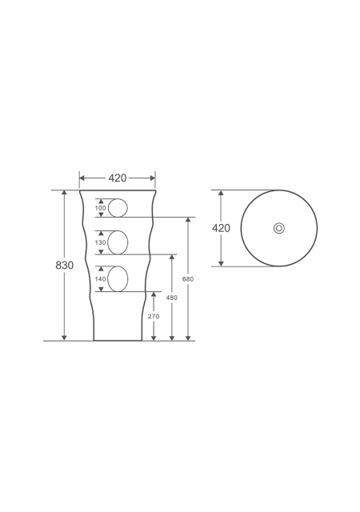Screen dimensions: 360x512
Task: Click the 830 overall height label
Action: click(64, 265)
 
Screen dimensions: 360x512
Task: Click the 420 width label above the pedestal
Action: click(118, 178)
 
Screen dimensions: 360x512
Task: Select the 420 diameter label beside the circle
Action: click(221, 228)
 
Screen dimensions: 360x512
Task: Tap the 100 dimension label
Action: click(100, 208)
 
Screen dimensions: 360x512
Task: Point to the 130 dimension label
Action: click(100, 242)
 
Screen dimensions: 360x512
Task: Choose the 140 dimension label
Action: click(100, 279)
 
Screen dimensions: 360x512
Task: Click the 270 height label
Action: click(154, 316)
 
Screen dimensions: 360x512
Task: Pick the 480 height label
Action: click(172, 298)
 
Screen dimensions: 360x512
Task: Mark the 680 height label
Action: click(188, 279)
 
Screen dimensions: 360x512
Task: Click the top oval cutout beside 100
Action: click(109, 208)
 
